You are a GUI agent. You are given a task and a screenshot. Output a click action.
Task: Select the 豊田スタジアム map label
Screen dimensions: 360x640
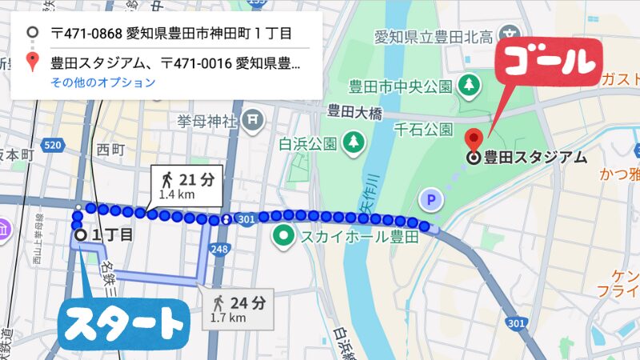point(535,157)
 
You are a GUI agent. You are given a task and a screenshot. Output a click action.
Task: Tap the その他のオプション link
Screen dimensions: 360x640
point(102,82)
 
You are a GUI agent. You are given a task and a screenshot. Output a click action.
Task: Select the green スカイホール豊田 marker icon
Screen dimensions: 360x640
point(283,236)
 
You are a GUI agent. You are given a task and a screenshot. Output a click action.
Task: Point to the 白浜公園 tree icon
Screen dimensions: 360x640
point(353,143)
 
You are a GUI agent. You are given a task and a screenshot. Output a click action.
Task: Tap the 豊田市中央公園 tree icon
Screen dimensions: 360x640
point(470,83)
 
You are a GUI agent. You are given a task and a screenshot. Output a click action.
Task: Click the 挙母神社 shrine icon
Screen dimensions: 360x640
point(254,122)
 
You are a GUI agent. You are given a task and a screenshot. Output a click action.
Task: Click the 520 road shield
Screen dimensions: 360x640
point(54,145)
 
